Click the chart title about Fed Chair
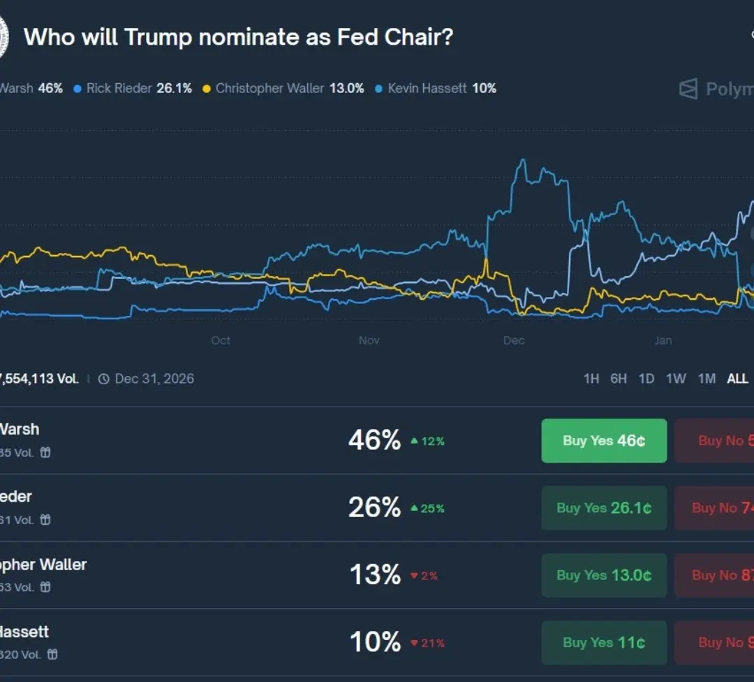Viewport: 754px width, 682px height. (x=238, y=36)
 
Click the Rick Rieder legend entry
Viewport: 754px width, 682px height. (x=133, y=88)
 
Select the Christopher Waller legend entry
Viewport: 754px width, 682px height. (x=283, y=88)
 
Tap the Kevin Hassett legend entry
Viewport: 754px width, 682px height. (x=436, y=88)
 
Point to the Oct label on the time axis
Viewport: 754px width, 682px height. (x=221, y=340)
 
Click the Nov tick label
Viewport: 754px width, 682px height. (x=369, y=340)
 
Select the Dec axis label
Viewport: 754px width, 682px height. (x=514, y=340)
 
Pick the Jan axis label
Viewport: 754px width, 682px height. (x=663, y=340)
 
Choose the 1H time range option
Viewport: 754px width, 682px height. (x=591, y=379)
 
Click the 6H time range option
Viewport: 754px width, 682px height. (x=619, y=379)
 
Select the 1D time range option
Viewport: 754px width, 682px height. (x=646, y=379)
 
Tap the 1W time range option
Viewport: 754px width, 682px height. (x=676, y=379)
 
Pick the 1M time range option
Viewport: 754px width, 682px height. (x=707, y=379)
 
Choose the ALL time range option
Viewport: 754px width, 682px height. (x=737, y=379)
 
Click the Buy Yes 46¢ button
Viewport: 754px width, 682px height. (x=604, y=441)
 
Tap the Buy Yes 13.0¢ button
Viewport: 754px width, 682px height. (x=604, y=575)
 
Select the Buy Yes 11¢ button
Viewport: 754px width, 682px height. (x=604, y=643)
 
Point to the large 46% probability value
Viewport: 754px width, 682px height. (x=375, y=440)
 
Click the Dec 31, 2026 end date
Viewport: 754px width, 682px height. (x=154, y=379)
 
